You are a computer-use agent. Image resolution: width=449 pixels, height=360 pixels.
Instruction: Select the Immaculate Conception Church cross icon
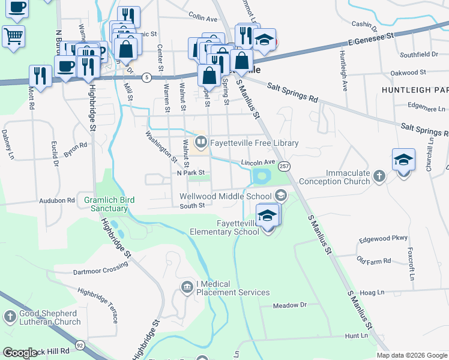(x=379, y=176)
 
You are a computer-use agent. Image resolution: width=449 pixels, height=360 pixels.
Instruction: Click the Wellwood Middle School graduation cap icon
(x=280, y=196)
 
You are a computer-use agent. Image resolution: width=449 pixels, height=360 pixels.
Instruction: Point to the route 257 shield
(x=285, y=166)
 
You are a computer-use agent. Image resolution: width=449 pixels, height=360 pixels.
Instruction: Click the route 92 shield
(x=80, y=345)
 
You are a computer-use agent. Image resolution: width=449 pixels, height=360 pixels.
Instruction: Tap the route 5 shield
(x=146, y=77)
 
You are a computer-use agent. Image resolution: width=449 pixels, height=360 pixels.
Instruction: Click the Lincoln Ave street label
(x=258, y=163)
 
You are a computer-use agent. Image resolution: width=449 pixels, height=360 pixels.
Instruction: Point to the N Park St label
(x=191, y=173)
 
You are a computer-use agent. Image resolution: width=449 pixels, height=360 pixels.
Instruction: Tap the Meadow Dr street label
(x=289, y=305)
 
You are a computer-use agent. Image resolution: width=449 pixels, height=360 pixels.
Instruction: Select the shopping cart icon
(x=13, y=35)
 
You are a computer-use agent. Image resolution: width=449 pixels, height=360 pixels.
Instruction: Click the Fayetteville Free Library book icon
(x=200, y=143)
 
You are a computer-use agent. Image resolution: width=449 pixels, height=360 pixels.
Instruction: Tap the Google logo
(x=20, y=353)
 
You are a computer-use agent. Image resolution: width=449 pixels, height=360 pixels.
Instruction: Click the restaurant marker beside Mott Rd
(x=40, y=76)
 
